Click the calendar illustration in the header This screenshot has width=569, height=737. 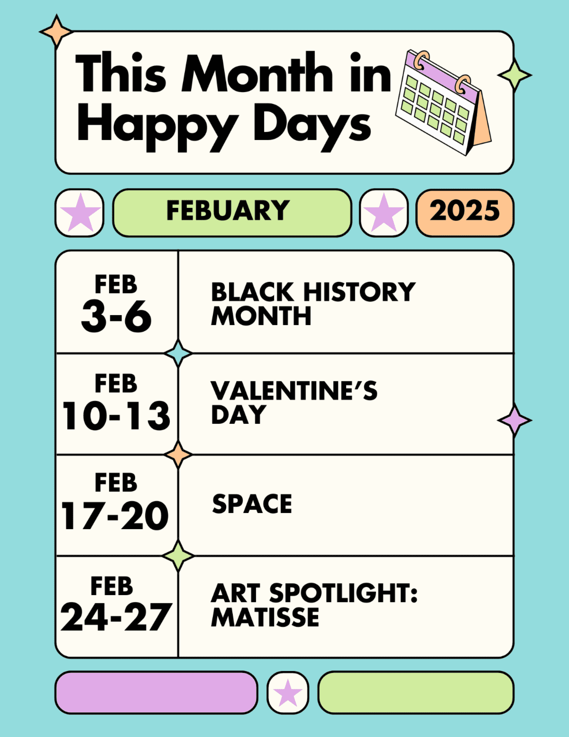coord(443,103)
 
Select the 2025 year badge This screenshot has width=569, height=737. coord(465,213)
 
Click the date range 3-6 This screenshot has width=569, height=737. coord(116,317)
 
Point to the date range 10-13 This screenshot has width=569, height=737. coord(116,416)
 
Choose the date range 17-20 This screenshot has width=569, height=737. coord(115,515)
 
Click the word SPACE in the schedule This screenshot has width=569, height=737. coord(252,504)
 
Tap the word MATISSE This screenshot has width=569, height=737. coord(265,617)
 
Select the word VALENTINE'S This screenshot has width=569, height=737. coord(294,391)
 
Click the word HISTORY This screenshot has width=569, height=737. coord(359,292)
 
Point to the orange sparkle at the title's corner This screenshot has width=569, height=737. coord(56,31)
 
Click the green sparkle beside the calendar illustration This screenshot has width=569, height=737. coord(515,75)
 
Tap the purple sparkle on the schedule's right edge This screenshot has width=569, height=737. coord(515,420)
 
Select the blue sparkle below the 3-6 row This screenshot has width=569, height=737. coord(178,354)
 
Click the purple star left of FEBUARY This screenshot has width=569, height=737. coord(80,213)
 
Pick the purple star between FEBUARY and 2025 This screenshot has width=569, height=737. coord(384,213)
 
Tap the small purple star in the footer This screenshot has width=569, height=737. coord(288,692)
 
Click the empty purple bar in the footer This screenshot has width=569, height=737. coord(156,692)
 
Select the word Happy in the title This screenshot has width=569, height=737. coord(158,126)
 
